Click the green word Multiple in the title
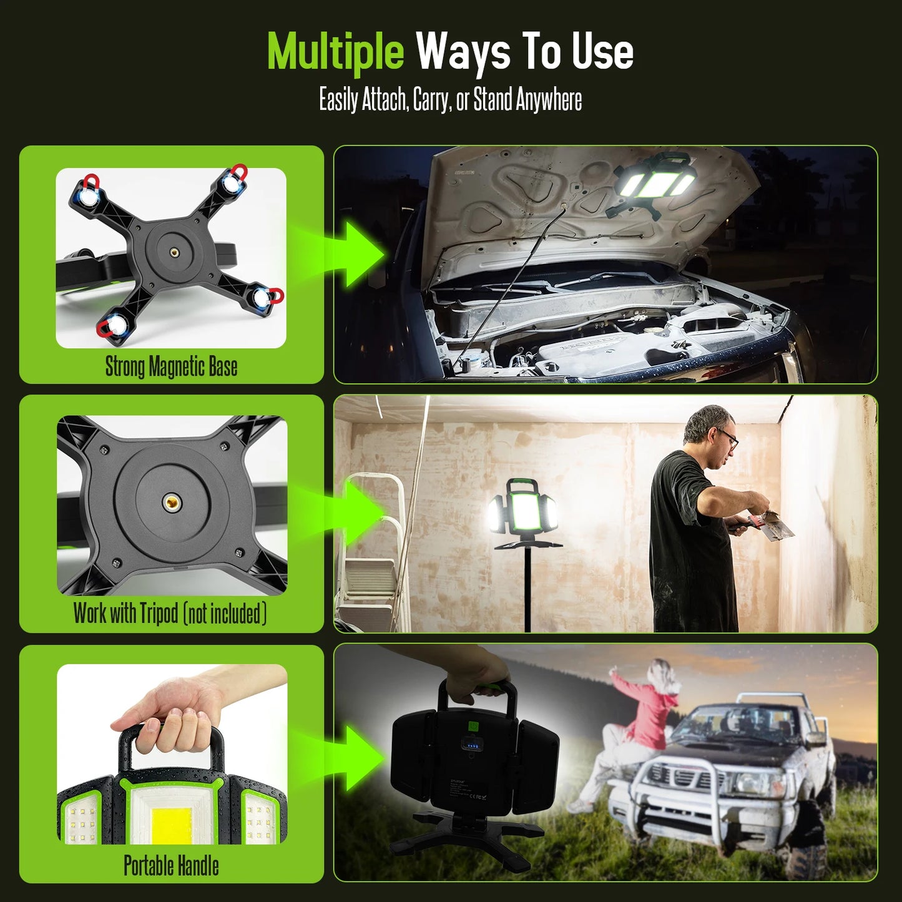[x=335, y=52]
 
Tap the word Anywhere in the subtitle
[x=549, y=100]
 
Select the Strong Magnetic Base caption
[x=171, y=366]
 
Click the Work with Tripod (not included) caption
[x=170, y=614]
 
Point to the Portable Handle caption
[x=171, y=866]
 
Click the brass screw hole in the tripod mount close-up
[x=170, y=501]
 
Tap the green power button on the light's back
[x=473, y=727]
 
